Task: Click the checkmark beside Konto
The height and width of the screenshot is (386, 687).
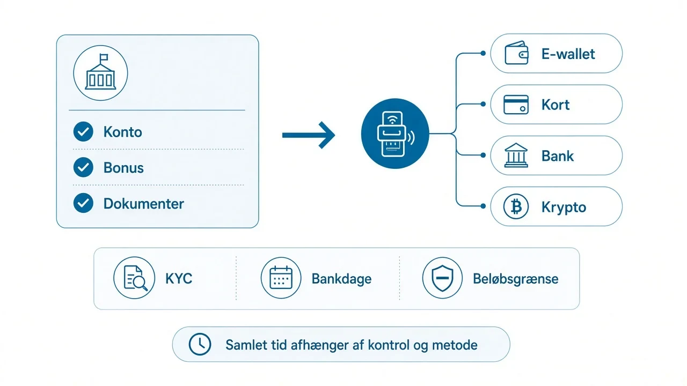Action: pyautogui.click(x=83, y=132)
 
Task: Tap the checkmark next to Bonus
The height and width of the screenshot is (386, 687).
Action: pyautogui.click(x=83, y=167)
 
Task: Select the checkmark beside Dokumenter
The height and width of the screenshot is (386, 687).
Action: pyautogui.click(x=83, y=203)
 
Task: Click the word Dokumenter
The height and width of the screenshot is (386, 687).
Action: pyautogui.click(x=143, y=204)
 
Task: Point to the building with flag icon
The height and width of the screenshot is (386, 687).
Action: pyautogui.click(x=100, y=72)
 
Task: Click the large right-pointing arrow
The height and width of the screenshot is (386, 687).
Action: pyautogui.click(x=309, y=135)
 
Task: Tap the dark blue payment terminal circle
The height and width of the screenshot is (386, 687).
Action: pyautogui.click(x=395, y=133)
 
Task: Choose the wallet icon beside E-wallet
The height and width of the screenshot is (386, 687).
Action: pyautogui.click(x=516, y=53)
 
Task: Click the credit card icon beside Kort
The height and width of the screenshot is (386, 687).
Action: pyautogui.click(x=516, y=105)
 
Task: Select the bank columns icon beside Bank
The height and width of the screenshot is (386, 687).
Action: pyautogui.click(x=516, y=155)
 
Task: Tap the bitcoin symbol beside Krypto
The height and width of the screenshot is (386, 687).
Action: pyautogui.click(x=516, y=206)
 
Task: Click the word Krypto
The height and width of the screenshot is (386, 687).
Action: pyautogui.click(x=564, y=207)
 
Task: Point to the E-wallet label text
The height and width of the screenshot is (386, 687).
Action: pyautogui.click(x=568, y=54)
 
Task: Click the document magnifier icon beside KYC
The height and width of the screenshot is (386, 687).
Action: pyautogui.click(x=134, y=278)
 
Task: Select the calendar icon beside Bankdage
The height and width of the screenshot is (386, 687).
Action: pyautogui.click(x=281, y=278)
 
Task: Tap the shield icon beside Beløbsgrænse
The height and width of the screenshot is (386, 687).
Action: pyautogui.click(x=442, y=278)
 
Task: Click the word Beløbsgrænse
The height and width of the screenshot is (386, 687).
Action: pyautogui.click(x=516, y=279)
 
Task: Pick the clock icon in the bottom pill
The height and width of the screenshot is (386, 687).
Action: pyautogui.click(x=200, y=344)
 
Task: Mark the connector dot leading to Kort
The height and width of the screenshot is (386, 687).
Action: pyautogui.click(x=483, y=104)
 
